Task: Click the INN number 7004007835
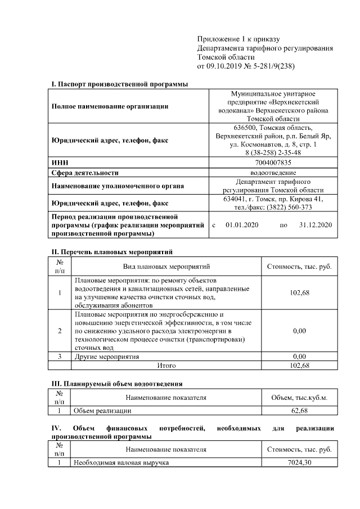point(273,163)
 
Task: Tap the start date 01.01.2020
point(241,224)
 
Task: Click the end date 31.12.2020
point(316,224)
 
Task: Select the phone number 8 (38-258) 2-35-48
point(273,152)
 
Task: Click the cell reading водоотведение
point(273,173)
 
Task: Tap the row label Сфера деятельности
point(85,173)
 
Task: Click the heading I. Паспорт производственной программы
point(120,84)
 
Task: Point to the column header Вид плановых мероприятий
point(166,266)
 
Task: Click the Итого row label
point(166,365)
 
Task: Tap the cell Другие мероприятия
point(107,357)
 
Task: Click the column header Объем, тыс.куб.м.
point(299,398)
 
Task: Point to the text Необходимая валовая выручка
point(121,462)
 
